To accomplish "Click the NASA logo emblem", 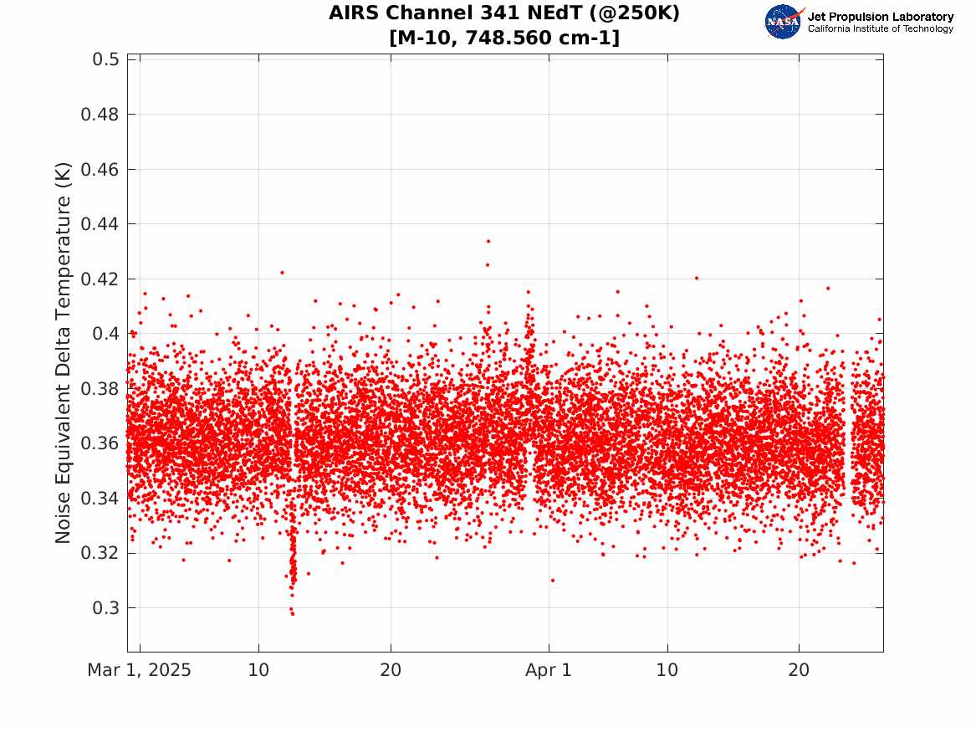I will (784, 22).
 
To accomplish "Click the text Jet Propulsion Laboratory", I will (880, 17).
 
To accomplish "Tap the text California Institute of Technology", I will (880, 29).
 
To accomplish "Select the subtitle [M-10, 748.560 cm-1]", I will (504, 38).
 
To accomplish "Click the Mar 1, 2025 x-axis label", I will (140, 671).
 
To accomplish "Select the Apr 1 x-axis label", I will (549, 671).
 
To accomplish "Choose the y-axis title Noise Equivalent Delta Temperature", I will (64, 352).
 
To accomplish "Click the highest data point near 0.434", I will (488, 241).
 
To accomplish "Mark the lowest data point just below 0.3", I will (292, 613).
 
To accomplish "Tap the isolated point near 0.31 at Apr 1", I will (552, 580).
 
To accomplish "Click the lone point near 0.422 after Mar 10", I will (282, 272).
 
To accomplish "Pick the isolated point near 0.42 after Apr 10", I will (696, 278).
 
